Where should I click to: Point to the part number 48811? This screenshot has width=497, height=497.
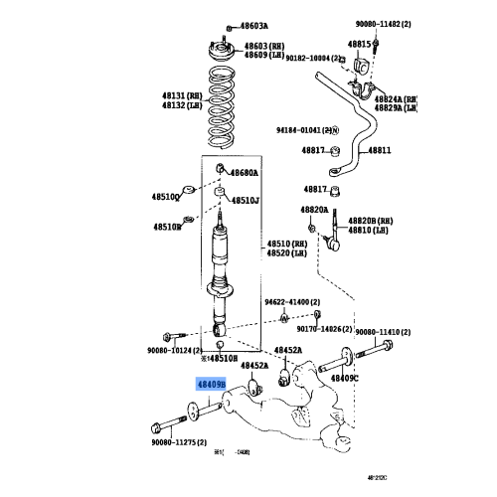click(382, 150)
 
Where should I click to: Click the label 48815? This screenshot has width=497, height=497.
click(358, 45)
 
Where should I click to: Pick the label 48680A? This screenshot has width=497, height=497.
click(245, 172)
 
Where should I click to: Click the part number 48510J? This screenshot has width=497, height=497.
click(245, 200)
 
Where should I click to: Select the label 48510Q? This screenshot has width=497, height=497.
click(165, 196)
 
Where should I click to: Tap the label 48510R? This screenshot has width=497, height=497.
click(166, 227)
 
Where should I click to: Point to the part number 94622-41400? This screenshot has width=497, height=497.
click(291, 301)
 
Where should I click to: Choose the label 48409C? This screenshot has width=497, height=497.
click(344, 378)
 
